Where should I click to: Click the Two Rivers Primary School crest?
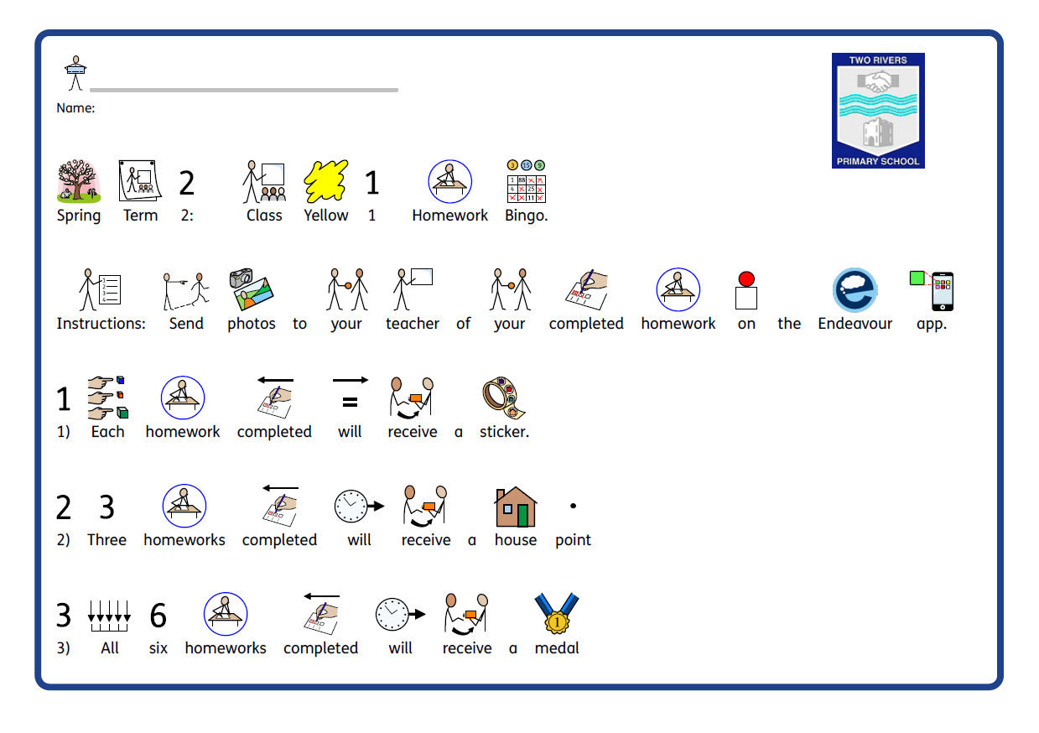(x=878, y=111)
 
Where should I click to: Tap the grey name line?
(x=243, y=90)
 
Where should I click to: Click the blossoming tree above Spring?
(x=78, y=181)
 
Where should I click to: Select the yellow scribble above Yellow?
(x=325, y=181)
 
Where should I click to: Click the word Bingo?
(x=526, y=216)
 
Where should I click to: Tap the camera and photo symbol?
(x=251, y=289)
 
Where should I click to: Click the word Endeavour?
(x=855, y=324)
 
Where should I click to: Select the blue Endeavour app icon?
(x=855, y=290)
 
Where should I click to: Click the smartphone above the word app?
(x=943, y=291)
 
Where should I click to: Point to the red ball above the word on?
(x=746, y=278)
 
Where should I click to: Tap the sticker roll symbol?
(x=504, y=398)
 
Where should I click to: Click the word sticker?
(x=504, y=432)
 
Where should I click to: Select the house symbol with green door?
(x=516, y=507)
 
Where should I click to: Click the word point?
(x=573, y=540)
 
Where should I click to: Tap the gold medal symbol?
(x=557, y=613)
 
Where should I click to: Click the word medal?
(x=557, y=648)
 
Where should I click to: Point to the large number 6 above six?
(x=158, y=615)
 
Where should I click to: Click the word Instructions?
(x=101, y=324)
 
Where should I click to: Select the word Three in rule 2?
(x=106, y=540)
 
